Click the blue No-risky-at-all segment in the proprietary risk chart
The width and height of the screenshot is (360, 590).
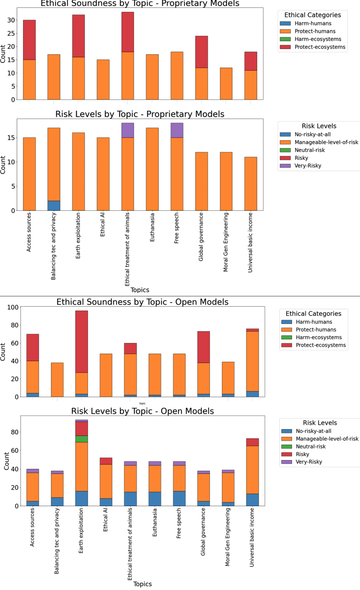[x=54, y=206]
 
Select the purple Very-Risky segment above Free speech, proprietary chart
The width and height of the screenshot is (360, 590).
[x=177, y=130]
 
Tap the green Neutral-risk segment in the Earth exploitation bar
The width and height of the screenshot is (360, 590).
[x=82, y=439]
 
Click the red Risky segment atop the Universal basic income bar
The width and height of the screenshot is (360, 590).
[x=252, y=442]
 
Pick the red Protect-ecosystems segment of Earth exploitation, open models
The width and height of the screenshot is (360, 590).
[x=82, y=341]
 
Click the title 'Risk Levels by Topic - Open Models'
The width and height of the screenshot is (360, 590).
[x=142, y=411]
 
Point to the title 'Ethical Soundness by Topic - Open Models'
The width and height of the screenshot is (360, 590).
[x=142, y=302]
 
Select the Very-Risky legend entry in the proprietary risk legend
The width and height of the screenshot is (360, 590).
[x=307, y=166]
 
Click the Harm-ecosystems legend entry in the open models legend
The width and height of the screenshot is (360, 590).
[x=318, y=337]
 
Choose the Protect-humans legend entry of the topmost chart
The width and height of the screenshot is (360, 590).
[x=315, y=31]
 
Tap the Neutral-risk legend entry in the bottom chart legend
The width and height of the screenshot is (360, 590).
[x=310, y=447]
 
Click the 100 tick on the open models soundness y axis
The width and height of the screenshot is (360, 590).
[x=13, y=307]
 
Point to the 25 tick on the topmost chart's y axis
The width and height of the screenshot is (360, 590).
[x=11, y=33]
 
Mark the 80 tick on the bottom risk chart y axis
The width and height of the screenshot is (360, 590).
[x=15, y=432]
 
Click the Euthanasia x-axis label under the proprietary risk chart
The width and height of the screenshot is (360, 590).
[x=152, y=227]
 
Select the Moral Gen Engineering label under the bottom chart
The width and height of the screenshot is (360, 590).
[x=228, y=537]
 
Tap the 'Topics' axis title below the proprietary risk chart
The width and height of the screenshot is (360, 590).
[x=140, y=290]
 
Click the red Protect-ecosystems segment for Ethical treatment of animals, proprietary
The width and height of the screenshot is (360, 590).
[x=128, y=32]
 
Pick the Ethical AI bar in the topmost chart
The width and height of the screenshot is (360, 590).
[x=103, y=80]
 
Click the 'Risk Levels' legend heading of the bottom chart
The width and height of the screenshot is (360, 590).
[x=320, y=423]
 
